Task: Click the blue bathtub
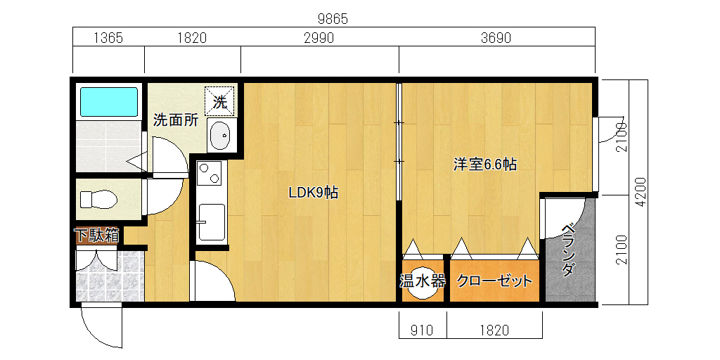click(109, 102)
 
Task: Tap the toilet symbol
click(98, 199)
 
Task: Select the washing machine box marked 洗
click(219, 101)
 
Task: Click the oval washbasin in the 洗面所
click(221, 135)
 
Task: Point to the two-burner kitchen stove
click(209, 173)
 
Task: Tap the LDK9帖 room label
click(313, 193)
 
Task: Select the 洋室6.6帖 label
click(485, 164)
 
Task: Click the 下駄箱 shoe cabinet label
click(97, 236)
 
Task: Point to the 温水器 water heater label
click(422, 281)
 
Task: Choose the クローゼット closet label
click(494, 281)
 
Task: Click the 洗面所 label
click(176, 120)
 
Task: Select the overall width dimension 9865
click(333, 19)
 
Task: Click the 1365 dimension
click(108, 38)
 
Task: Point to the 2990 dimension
click(319, 38)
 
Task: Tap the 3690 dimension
click(496, 38)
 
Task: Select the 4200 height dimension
click(641, 191)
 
